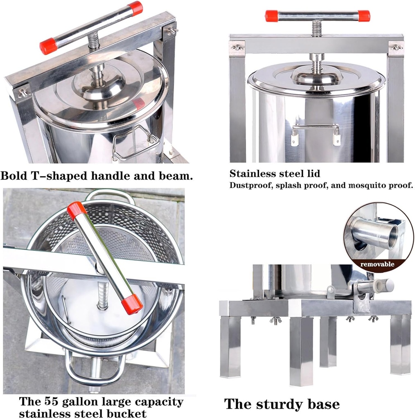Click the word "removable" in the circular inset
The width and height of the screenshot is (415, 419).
tap(377, 264)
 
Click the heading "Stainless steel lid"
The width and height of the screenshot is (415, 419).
tap(275, 173)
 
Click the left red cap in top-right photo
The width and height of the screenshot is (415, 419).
tap(271, 16)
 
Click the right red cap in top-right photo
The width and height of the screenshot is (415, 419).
tap(364, 16)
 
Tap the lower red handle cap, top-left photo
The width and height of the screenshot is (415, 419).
tap(48, 46)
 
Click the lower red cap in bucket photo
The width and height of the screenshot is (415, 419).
tap(132, 305)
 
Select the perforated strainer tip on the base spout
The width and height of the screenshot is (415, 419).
tap(384, 285)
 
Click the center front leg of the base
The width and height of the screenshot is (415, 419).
tap(301, 352)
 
